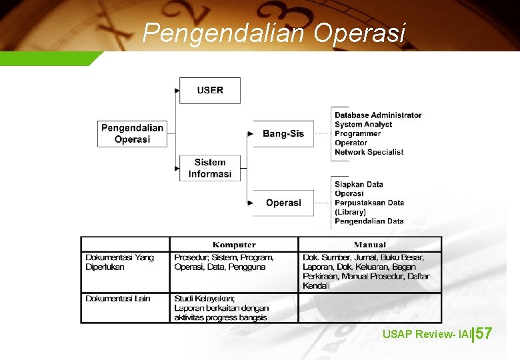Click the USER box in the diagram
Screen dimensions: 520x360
(210, 90)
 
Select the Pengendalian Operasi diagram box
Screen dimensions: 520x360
(132, 133)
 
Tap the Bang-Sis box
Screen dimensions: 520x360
(283, 133)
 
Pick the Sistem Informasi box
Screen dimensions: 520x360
(210, 168)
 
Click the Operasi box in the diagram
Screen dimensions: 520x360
(283, 203)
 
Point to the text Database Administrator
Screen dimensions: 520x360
(378, 115)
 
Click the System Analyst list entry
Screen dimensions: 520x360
(363, 125)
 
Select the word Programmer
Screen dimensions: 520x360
(358, 133)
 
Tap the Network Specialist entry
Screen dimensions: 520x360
(369, 152)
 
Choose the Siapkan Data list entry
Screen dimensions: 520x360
(359, 184)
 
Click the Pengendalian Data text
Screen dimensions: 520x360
(369, 221)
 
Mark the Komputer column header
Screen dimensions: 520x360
(234, 245)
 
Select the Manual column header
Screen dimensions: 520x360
(369, 245)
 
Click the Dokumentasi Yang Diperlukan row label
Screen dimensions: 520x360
(120, 262)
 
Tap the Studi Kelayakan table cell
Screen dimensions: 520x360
(221, 308)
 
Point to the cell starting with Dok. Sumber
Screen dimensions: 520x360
(366, 271)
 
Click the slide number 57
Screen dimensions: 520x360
(484, 333)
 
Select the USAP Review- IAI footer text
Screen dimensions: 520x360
(427, 334)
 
